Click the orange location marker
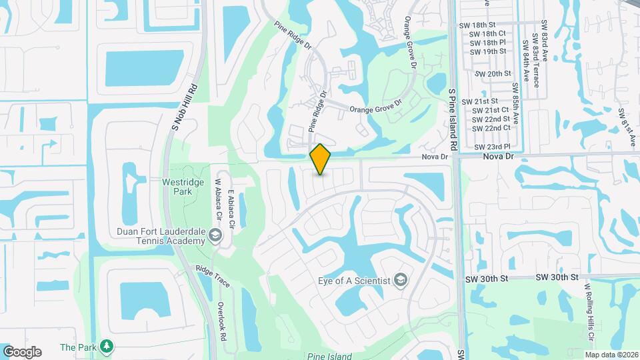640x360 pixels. pyautogui.click(x=321, y=159)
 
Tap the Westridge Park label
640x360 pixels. pyautogui.click(x=177, y=186)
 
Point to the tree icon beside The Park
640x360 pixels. pyautogui.click(x=106, y=347)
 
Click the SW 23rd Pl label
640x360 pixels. pyautogui.click(x=492, y=146)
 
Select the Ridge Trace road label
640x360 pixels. pyautogui.click(x=213, y=277)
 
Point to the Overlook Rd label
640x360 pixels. pyautogui.click(x=222, y=322)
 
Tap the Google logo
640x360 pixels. pyautogui.click(x=22, y=351)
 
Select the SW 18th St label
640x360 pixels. pyautogui.click(x=477, y=24)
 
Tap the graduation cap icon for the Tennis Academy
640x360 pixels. pyautogui.click(x=215, y=235)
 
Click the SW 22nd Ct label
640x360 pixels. pyautogui.click(x=491, y=127)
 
